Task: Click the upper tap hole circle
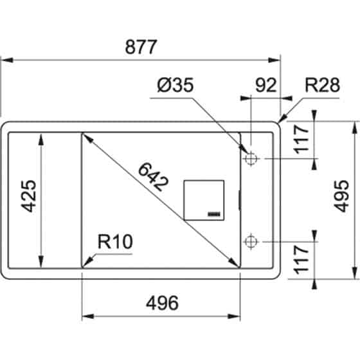coord(251,158)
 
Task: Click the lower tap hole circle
coord(251,242)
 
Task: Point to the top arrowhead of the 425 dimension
coord(42,137)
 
